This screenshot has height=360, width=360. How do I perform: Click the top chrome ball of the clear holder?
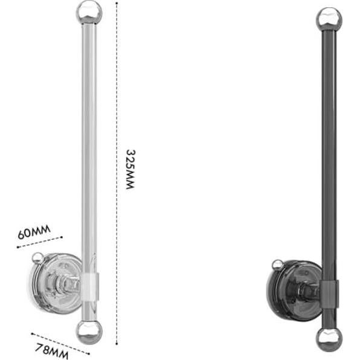89,12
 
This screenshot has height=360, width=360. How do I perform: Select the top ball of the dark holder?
329,19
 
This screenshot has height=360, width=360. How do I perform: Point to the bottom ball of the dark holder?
329,337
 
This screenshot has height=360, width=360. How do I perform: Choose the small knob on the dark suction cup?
277,264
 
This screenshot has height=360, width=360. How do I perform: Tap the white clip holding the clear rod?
89,287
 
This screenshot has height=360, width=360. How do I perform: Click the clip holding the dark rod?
329,293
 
